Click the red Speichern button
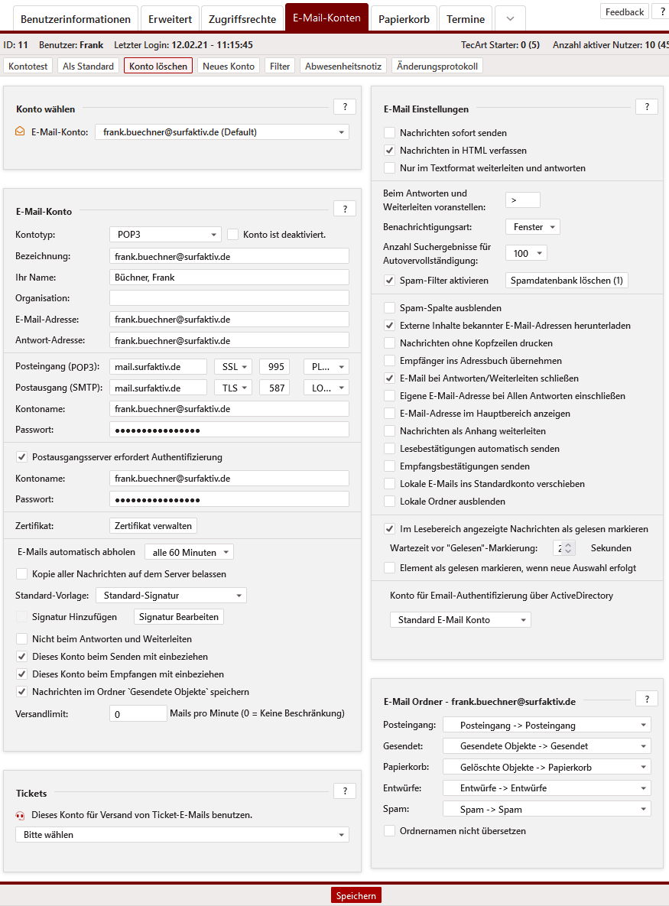(356, 895)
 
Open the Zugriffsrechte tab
(242, 19)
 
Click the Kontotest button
(28, 67)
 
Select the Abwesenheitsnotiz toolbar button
(343, 67)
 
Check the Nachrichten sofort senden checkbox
(390, 133)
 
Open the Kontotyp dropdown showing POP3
(165, 235)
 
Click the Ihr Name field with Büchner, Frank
(229, 278)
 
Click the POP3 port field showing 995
(274, 367)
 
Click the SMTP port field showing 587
(274, 388)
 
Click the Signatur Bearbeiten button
(179, 617)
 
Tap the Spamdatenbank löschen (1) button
(567, 281)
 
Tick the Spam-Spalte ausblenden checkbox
(390, 308)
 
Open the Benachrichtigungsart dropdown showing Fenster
(533, 227)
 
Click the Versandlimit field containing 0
(138, 713)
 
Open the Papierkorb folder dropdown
(547, 767)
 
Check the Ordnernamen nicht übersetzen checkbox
(390, 831)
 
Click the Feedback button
(625, 11)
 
